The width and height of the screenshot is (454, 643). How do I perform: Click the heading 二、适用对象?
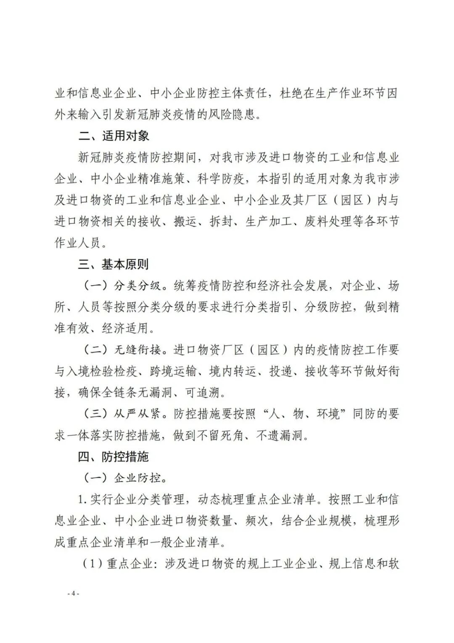coord(113,136)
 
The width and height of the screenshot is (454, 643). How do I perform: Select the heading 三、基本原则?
coord(113,264)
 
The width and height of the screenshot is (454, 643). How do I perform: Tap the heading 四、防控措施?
coord(113,456)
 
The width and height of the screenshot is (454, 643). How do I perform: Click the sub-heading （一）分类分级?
coord(122,286)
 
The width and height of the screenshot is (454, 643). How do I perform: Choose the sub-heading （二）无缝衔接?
coord(122,350)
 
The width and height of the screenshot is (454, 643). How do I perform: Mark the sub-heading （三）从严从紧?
coord(122,414)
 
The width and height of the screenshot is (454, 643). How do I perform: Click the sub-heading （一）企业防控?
coord(122,478)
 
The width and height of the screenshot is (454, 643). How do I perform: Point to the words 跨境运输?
coord(173,371)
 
